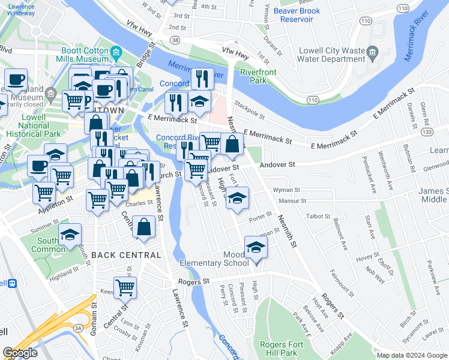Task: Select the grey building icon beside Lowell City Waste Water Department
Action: coord(372,53)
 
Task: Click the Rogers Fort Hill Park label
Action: coord(279,349)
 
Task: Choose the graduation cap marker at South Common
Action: coord(70,234)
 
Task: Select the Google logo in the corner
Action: coord(20,352)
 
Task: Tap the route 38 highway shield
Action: coord(175,40)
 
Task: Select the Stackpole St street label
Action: coord(250,111)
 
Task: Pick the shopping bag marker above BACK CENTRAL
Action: coord(144,227)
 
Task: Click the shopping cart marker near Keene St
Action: coord(125,288)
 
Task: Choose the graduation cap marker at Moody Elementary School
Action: coord(256,247)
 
